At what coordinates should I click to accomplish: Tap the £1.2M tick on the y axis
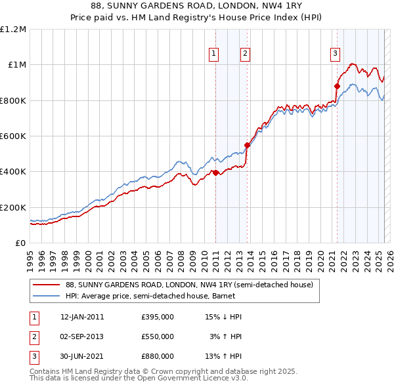(13, 30)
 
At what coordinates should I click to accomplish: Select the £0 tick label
(21, 243)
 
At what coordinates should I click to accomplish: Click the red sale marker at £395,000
(215, 173)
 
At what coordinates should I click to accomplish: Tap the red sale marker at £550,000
(247, 146)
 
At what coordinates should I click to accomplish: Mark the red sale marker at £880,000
(338, 86)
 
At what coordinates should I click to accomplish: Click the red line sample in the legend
(47, 285)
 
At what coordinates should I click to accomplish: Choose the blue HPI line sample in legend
(47, 296)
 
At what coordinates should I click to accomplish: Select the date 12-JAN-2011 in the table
(82, 317)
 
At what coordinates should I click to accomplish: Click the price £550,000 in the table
(158, 336)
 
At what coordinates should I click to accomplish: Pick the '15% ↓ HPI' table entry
(224, 317)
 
